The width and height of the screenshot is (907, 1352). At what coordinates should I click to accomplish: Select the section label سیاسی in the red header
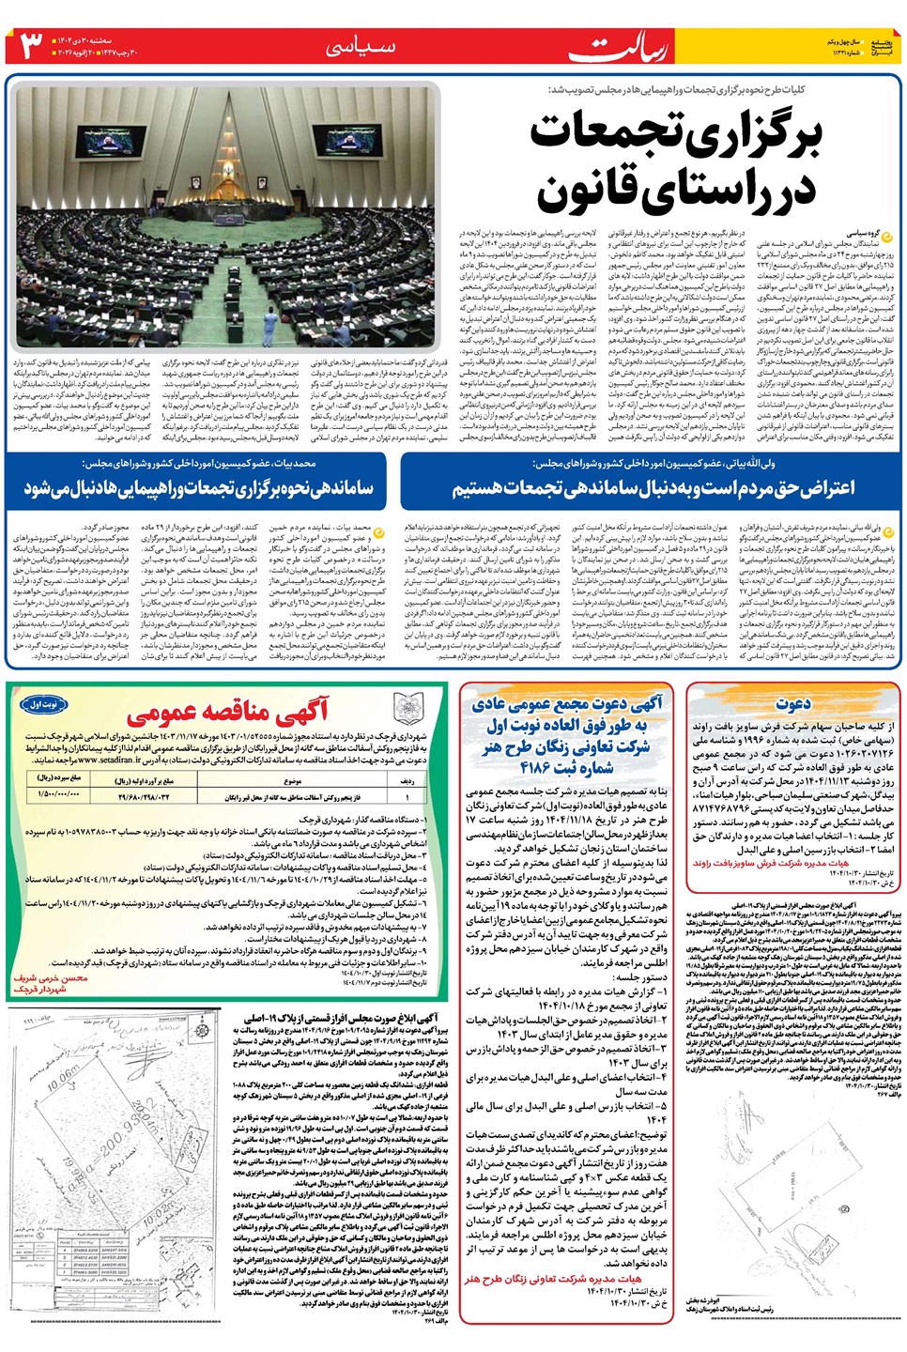pos(361,47)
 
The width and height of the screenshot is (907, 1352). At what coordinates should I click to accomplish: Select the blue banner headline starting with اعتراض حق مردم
pos(653,488)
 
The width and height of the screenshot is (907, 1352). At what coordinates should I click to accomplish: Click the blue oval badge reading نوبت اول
pos(45,704)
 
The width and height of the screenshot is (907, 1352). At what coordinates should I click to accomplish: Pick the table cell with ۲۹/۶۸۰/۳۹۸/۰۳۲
pos(144,796)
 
